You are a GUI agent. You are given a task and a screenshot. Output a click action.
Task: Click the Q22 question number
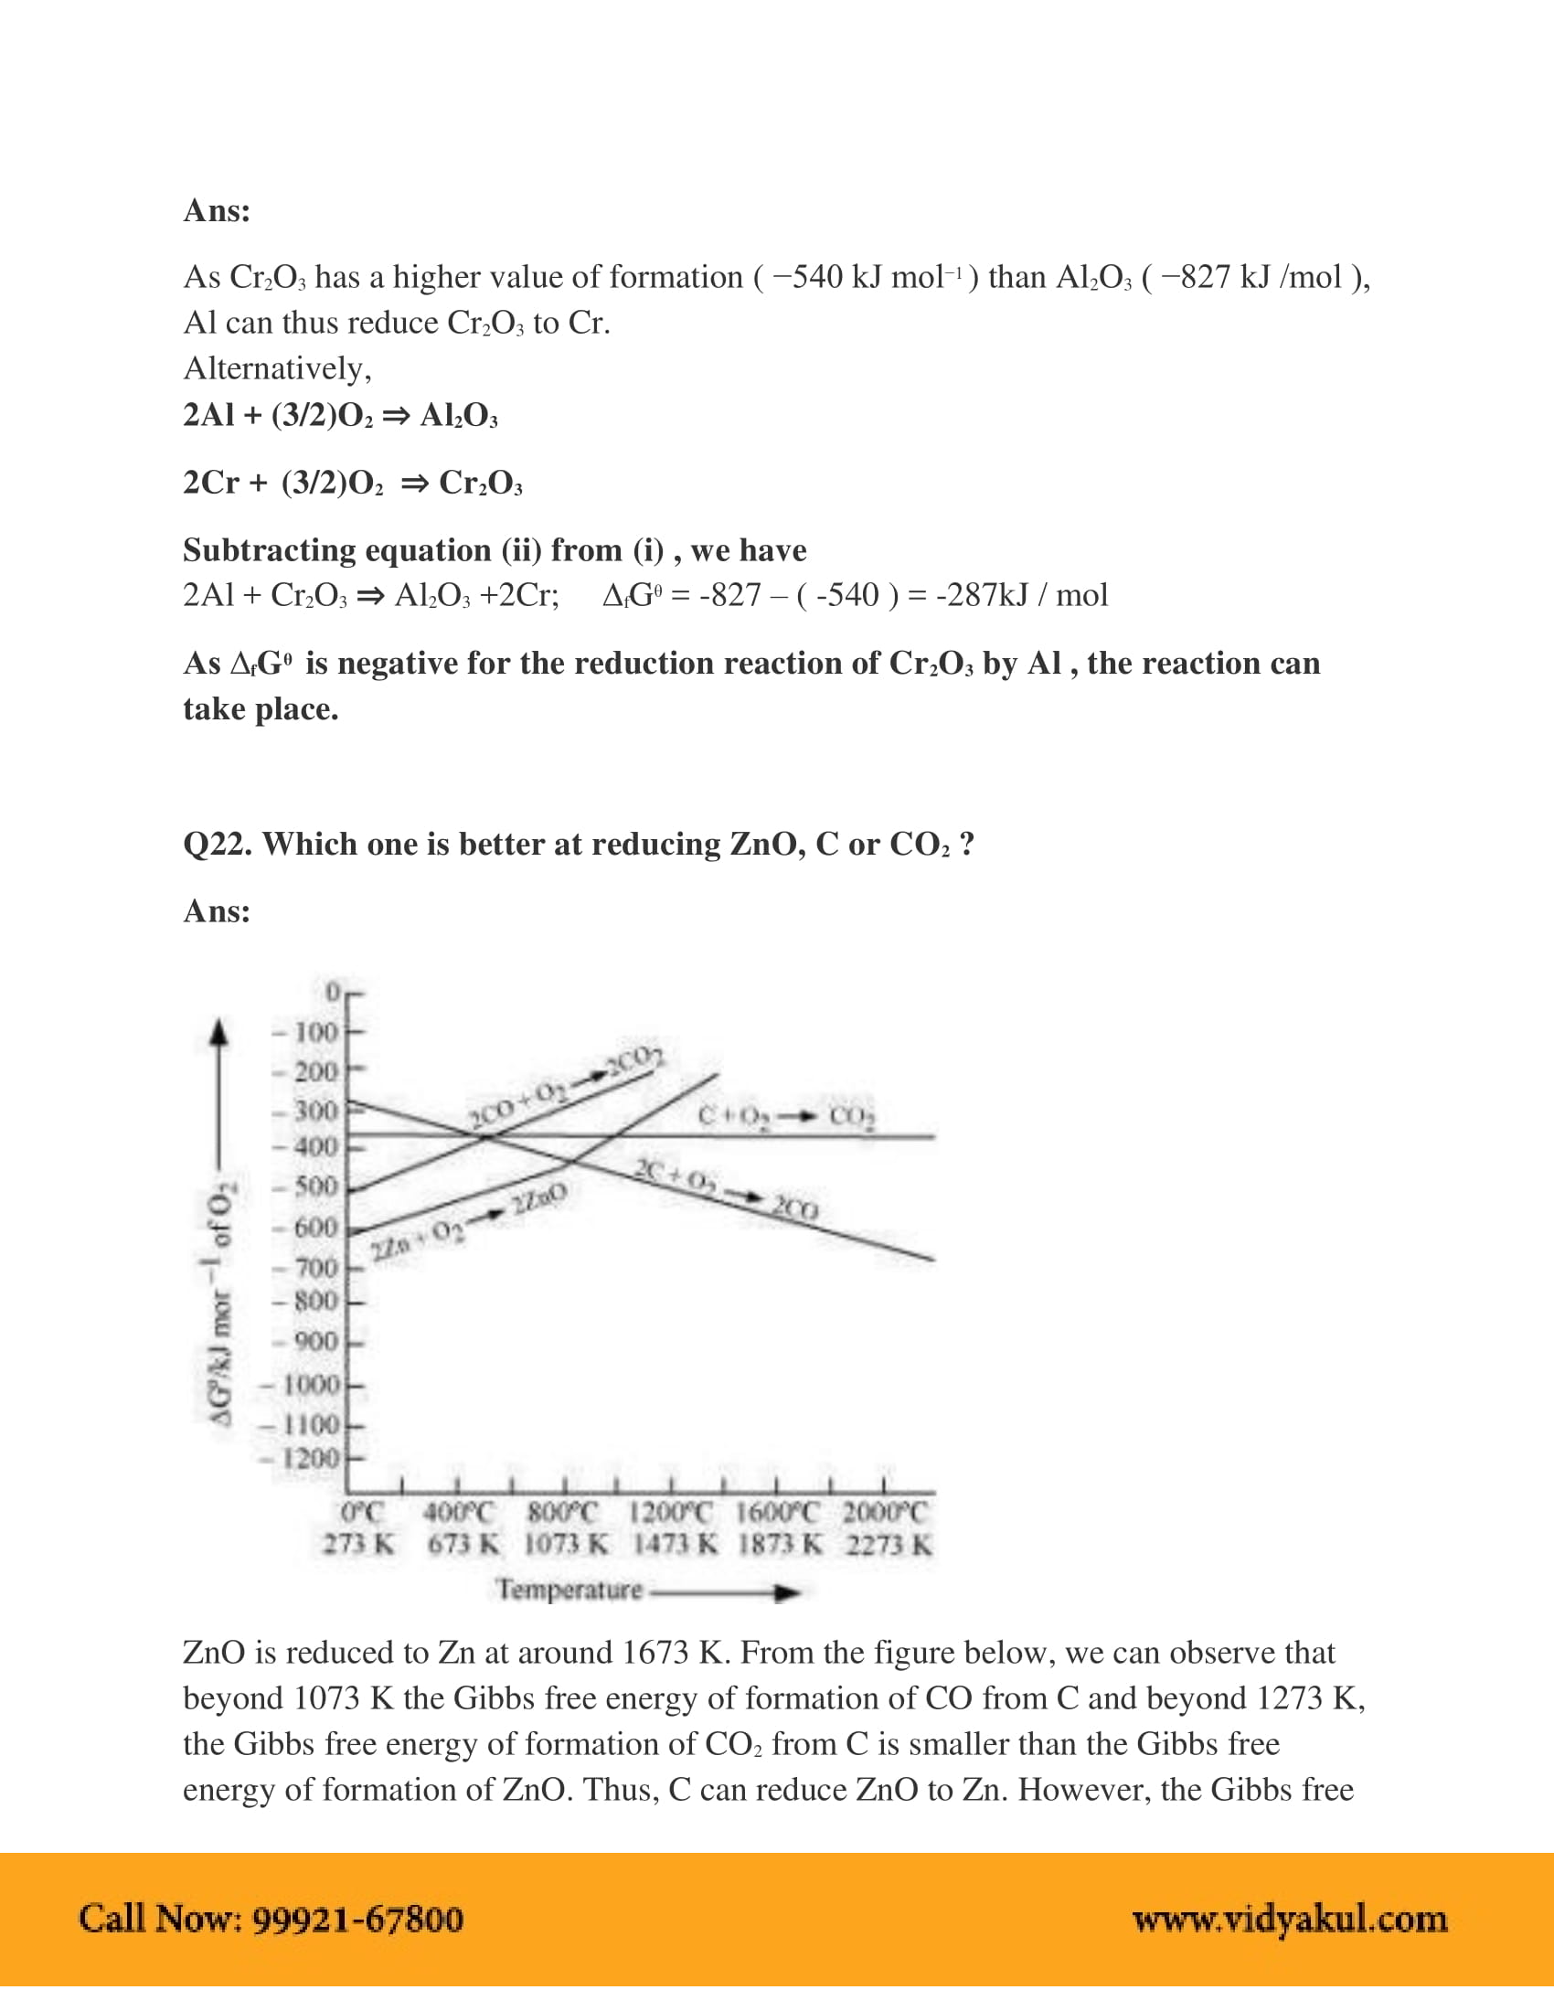[218, 845]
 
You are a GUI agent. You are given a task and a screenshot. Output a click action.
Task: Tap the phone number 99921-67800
[357, 1919]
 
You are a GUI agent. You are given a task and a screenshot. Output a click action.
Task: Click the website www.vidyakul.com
[1290, 1919]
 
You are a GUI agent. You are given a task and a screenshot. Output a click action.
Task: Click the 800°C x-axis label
[562, 1512]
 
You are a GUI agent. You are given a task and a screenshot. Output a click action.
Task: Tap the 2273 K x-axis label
[889, 1544]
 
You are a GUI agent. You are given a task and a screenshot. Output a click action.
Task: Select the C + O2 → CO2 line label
[786, 1116]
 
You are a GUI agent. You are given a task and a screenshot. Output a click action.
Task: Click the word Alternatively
[277, 368]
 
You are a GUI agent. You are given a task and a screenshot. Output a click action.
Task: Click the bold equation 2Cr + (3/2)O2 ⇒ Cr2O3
[353, 483]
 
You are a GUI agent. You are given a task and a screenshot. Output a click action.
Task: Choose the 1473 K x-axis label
[675, 1544]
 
